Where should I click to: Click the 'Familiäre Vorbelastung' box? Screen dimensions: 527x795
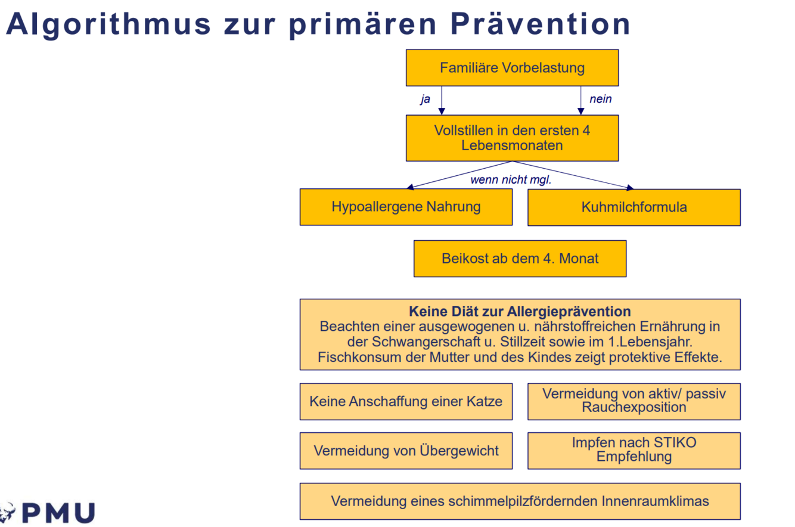(512, 67)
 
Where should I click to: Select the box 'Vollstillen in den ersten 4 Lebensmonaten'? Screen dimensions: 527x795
(512, 138)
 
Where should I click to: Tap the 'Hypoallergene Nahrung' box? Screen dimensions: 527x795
(406, 207)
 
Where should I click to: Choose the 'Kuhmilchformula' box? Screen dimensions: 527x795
(633, 207)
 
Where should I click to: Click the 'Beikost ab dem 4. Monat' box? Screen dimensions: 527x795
(520, 259)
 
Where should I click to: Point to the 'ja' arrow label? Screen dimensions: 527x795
(425, 100)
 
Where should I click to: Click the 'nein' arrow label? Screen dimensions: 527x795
(600, 100)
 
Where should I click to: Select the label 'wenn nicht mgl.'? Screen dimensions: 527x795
(511, 180)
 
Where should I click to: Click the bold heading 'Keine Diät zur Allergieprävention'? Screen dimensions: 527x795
(520, 311)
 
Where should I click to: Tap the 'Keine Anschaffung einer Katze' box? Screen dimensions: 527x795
(406, 401)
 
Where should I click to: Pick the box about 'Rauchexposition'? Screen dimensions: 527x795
(633, 401)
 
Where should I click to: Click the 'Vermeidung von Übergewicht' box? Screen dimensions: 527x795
(406, 451)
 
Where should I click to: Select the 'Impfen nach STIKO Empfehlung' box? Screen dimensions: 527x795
(633, 451)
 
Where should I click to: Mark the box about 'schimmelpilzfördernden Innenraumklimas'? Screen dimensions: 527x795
(520, 501)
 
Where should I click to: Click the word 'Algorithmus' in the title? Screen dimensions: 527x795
(107, 24)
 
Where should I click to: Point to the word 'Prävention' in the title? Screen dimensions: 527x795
(540, 24)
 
